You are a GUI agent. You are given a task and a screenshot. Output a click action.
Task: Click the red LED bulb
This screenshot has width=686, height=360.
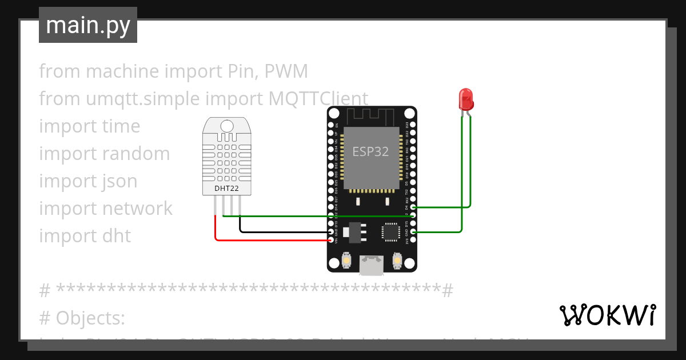pos(466,99)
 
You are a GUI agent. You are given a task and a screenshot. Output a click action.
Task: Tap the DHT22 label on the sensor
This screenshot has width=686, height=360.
pos(226,187)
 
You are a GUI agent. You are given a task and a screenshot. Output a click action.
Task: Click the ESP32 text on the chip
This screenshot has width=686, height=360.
pos(370,151)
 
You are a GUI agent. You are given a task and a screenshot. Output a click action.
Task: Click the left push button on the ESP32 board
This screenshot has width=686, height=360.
pos(346,261)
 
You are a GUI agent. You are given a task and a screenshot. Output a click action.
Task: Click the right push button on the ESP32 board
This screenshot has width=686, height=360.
pos(397,261)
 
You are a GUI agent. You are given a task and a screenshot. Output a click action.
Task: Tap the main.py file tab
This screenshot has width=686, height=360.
pos(88,25)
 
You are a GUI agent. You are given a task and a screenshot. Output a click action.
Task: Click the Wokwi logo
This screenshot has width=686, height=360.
pos(607,315)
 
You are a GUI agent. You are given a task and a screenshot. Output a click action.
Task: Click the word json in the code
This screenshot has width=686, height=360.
pos(120,181)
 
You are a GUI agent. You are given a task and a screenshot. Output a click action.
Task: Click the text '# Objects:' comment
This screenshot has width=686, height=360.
pos(82,317)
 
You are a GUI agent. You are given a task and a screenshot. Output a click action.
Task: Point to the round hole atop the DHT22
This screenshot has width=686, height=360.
pos(227,126)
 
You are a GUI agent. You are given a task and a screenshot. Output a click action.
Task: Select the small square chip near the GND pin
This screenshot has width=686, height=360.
pos(391,231)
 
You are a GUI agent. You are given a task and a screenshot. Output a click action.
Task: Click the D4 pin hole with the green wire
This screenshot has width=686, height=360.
pos(413,207)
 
